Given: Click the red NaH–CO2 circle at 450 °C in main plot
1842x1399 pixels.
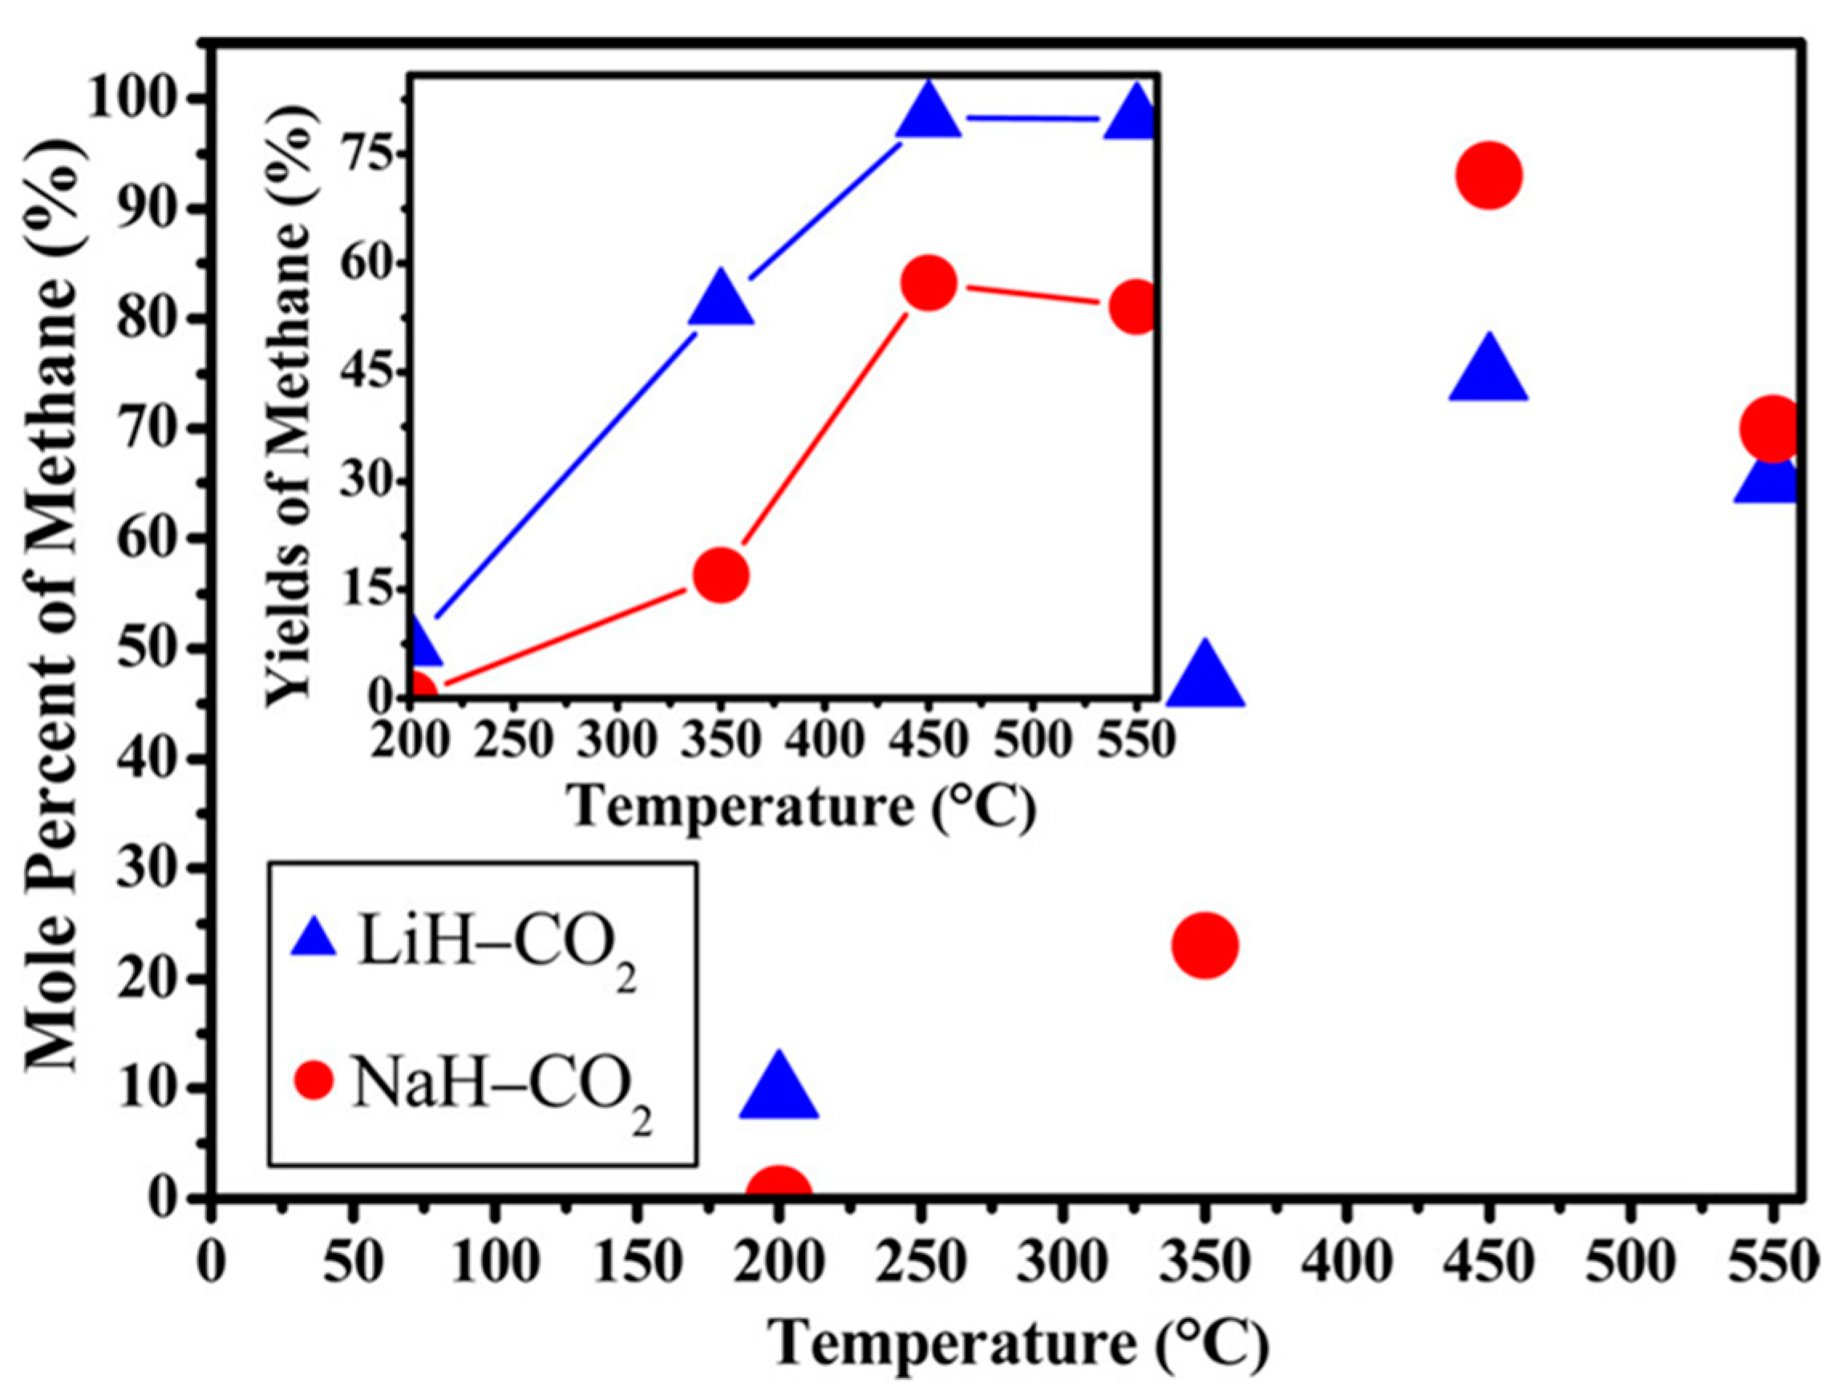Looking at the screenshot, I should click(1489, 175).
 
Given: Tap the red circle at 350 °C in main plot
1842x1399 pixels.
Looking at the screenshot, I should click(1204, 945).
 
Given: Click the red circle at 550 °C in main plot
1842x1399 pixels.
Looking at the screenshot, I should click(1772, 428).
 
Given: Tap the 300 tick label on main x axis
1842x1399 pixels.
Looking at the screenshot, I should click(1062, 1264).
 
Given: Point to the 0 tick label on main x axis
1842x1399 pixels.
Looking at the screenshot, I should click(214, 1264).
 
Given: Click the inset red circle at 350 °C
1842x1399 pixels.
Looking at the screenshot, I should click(720, 575).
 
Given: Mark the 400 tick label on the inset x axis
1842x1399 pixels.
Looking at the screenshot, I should click(824, 738).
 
